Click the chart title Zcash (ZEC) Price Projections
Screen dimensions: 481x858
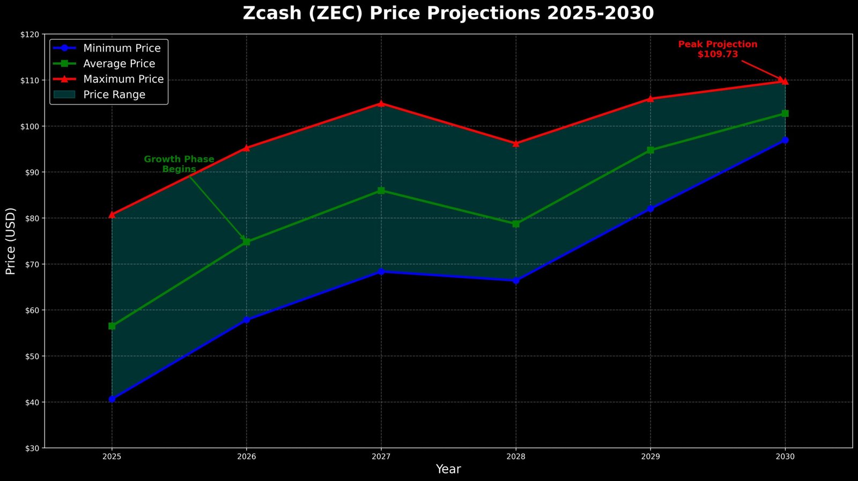pyautogui.click(x=448, y=13)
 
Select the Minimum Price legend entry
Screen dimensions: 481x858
pyautogui.click(x=122, y=48)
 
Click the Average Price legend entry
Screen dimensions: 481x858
pyautogui.click(x=119, y=64)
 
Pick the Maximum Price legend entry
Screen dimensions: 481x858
pyautogui.click(x=123, y=79)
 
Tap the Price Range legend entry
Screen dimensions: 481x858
pyautogui.click(x=114, y=94)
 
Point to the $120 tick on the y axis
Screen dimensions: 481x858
pyautogui.click(x=30, y=34)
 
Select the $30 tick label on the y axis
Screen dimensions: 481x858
pyautogui.click(x=30, y=448)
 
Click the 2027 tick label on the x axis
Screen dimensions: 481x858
pyautogui.click(x=381, y=457)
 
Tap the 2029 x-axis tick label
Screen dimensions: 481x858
pyautogui.click(x=650, y=457)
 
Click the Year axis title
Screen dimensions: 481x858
pyautogui.click(x=448, y=469)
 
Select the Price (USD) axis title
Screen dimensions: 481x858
pyautogui.click(x=11, y=241)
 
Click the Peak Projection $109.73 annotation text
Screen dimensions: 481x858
pyautogui.click(x=718, y=49)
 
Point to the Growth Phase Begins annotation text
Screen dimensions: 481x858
pyautogui.click(x=179, y=164)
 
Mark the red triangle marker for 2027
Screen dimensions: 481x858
pyautogui.click(x=381, y=104)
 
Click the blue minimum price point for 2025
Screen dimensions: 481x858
pyautogui.click(x=112, y=399)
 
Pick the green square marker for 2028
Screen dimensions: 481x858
pyautogui.click(x=516, y=224)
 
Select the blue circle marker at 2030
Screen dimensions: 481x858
pyautogui.click(x=785, y=140)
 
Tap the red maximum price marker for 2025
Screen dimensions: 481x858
pyautogui.click(x=112, y=215)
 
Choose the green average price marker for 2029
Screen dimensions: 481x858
pyautogui.click(x=650, y=150)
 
